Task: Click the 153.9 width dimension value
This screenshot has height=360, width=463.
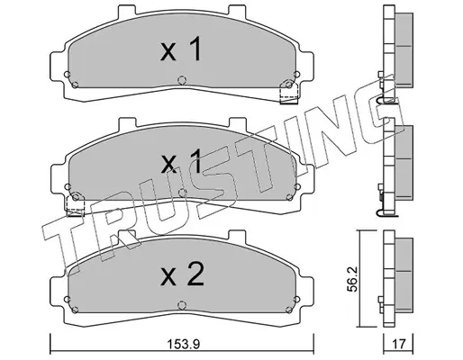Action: [x=184, y=344]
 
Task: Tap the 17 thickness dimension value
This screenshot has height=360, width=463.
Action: [x=399, y=345]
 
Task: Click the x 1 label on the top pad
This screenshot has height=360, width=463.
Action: [x=180, y=49]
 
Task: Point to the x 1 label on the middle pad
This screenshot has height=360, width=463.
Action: [x=181, y=161]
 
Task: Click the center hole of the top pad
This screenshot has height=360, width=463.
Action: [x=182, y=80]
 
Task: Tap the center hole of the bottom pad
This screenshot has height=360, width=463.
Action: [x=182, y=305]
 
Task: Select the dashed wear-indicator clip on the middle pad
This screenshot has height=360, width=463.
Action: [x=76, y=204]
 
